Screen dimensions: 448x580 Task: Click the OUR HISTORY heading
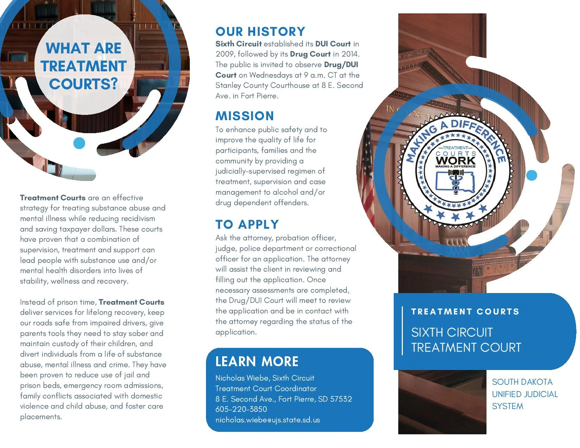[x=260, y=32]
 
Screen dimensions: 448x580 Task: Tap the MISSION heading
[x=245, y=116]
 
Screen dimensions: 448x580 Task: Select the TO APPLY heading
[x=247, y=225]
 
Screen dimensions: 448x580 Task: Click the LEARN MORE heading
[x=257, y=362]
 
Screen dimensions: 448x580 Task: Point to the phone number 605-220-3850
[x=241, y=409]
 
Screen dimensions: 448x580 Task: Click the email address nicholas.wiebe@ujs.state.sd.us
[x=268, y=420]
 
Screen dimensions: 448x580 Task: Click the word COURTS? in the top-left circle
[x=83, y=84]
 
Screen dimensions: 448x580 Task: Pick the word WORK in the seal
[x=455, y=161]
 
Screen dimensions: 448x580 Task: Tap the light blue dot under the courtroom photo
[x=79, y=143]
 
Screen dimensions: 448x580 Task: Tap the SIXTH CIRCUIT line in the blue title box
[x=452, y=332]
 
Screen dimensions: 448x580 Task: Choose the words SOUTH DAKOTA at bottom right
[x=522, y=382]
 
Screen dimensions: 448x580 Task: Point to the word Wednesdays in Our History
[x=270, y=75]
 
